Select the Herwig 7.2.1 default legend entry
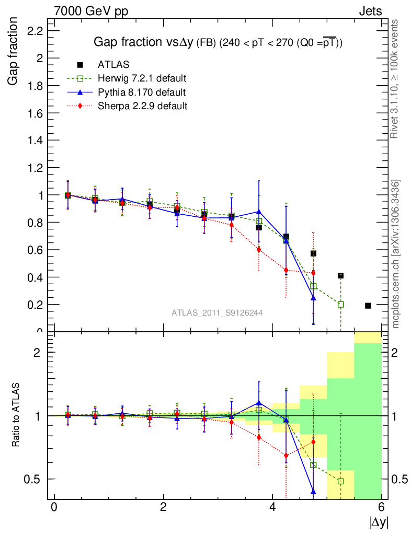pos(142,78)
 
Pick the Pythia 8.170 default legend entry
pos(142,92)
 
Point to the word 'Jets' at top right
pos(370,11)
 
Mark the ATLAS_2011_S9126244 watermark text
pos(217,312)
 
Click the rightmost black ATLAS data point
pos(368,306)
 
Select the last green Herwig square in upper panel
pos(341,304)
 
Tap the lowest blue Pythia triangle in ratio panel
pos(313,491)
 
